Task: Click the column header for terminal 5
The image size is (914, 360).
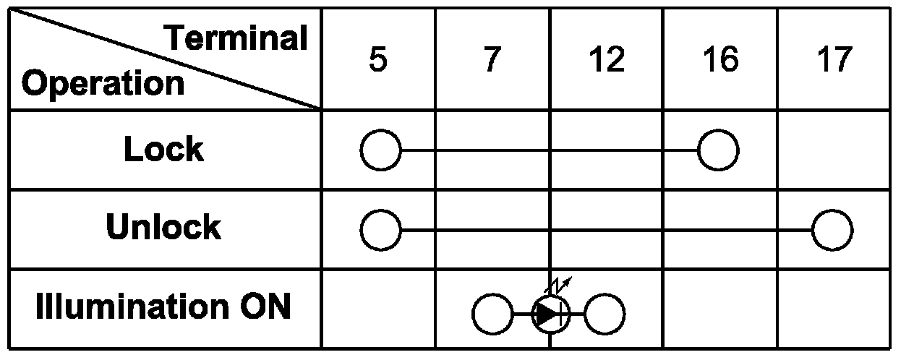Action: [377, 60]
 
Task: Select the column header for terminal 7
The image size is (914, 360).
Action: [491, 60]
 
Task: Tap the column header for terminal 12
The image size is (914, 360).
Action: [606, 60]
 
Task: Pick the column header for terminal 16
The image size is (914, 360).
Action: [720, 60]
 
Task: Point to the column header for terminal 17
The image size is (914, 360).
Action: [834, 60]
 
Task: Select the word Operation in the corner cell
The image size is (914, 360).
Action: [103, 84]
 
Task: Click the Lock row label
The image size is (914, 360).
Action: [163, 150]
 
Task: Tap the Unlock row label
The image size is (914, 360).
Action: [163, 228]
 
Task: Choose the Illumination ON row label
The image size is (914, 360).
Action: [163, 307]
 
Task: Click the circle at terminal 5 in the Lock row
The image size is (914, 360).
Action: [380, 151]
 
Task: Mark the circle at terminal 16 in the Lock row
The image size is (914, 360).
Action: [718, 151]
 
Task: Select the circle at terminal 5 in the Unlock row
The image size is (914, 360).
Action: [380, 231]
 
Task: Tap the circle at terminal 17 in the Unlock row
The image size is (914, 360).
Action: [832, 231]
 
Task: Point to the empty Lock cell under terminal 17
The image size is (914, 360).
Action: [834, 151]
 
